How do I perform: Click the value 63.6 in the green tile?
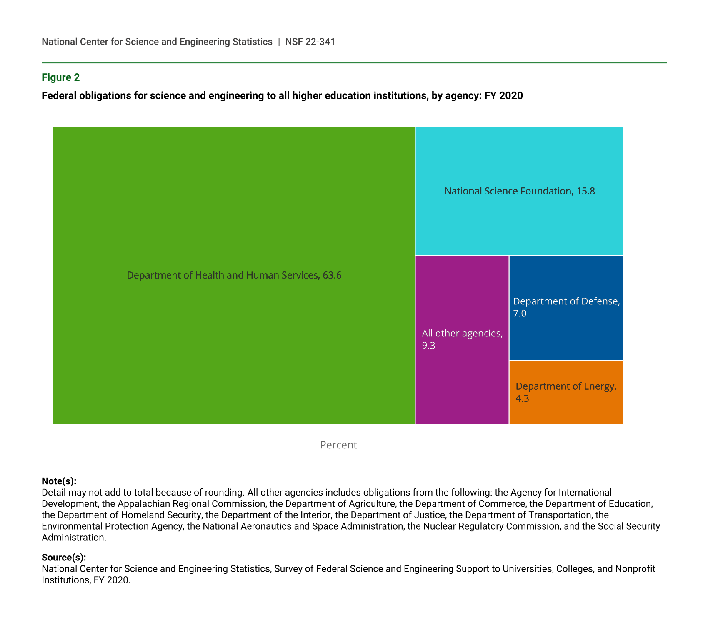[x=332, y=276]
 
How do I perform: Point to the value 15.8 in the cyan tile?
[x=585, y=192]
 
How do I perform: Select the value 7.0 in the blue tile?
[x=520, y=314]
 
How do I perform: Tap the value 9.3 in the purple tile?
[x=428, y=346]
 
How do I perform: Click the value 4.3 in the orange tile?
[x=522, y=398]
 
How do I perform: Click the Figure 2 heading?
[x=60, y=77]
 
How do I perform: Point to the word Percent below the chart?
[x=338, y=445]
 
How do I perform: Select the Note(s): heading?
[x=59, y=481]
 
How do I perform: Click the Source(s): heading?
[x=64, y=558]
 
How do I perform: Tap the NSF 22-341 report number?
[x=310, y=42]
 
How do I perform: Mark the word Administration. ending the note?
[x=74, y=538]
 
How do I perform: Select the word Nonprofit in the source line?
[x=635, y=569]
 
